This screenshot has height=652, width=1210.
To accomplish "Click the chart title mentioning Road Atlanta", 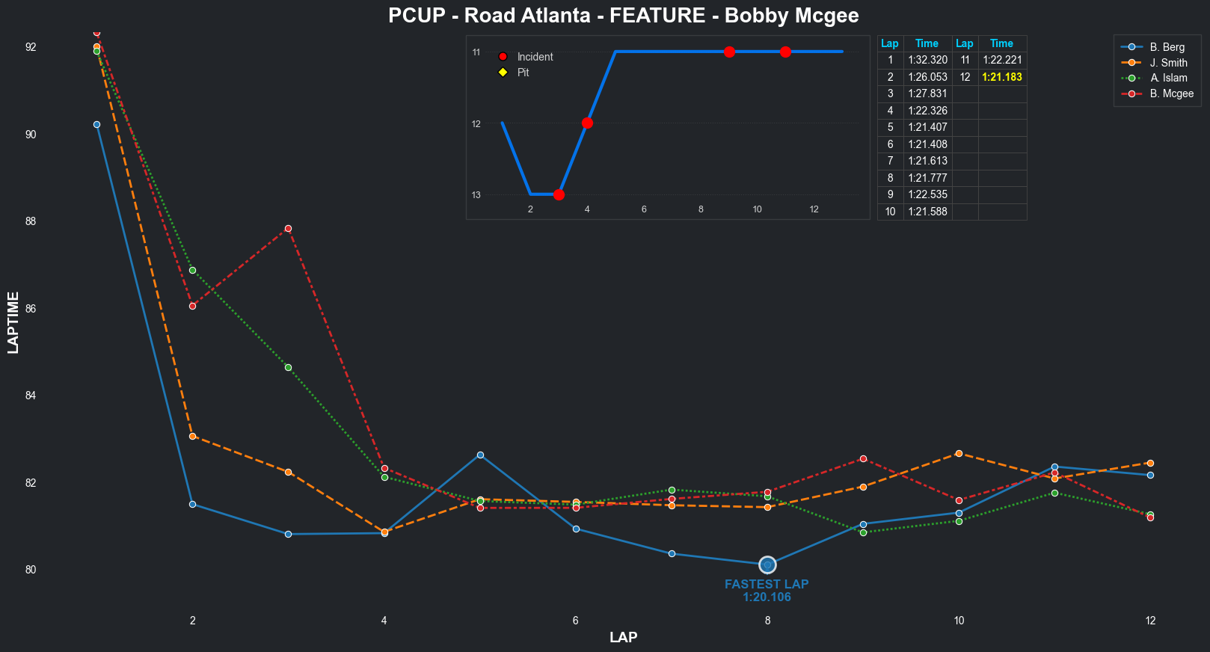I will [x=623, y=16].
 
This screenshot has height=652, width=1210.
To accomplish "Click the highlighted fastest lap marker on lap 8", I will [x=767, y=565].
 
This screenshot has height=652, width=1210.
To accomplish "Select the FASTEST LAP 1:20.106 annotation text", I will [x=767, y=591].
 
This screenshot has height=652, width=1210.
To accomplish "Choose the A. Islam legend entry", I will [x=1168, y=78].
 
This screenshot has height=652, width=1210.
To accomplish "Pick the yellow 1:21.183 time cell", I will [x=1001, y=77].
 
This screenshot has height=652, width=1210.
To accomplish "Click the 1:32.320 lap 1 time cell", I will [x=927, y=60].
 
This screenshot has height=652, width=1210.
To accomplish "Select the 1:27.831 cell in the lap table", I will [x=927, y=93].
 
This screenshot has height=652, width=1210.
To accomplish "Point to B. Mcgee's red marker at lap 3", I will [x=288, y=228].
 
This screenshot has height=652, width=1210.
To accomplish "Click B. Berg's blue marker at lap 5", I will [x=480, y=455].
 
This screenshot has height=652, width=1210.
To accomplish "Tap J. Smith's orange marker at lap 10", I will [x=959, y=453].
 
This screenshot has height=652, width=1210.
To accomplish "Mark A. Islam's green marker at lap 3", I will [x=288, y=367].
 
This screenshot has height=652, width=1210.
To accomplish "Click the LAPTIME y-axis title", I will [x=13, y=322].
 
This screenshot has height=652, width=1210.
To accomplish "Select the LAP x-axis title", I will [x=623, y=637].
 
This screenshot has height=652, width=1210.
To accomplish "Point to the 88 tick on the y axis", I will [x=31, y=221].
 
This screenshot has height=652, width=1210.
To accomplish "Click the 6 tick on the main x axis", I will [x=576, y=620].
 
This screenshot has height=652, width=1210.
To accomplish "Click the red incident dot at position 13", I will [x=559, y=194].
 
